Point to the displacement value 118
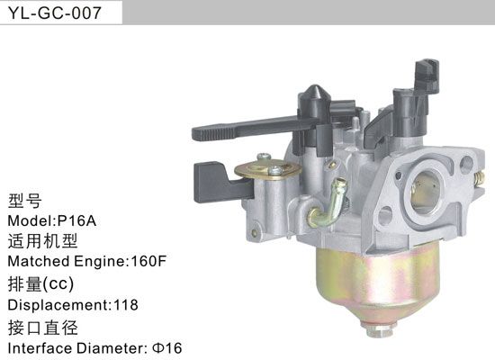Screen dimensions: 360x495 click(124, 304)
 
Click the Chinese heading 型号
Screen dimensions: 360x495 click(24, 201)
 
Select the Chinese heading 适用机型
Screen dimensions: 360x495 click(43, 241)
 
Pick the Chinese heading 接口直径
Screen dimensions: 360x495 click(43, 326)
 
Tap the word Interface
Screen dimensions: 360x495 click(37, 346)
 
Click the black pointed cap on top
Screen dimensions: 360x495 click(316, 95)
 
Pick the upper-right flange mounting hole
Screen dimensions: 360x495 click(465, 165)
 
